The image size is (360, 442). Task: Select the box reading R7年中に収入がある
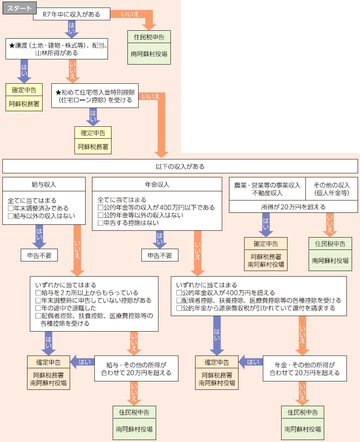pos(71,15)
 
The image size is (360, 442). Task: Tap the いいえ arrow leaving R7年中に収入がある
pos(129,15)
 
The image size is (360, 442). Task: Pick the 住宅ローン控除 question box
pos(95,96)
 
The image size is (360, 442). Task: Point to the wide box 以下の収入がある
pos(180,166)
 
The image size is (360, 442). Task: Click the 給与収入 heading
pos(44,185)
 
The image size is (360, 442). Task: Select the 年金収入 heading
pos(157,185)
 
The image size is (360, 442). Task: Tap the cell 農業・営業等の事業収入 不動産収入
pos(267,189)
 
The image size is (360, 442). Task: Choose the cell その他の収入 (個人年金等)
pos(331,189)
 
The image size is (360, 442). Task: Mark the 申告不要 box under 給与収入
pos(39,255)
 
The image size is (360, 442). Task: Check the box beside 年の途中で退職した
pos(38,308)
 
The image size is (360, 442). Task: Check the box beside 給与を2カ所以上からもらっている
pos(38,293)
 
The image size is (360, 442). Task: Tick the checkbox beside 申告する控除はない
pos(100,223)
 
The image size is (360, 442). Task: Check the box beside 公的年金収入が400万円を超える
pos(179,293)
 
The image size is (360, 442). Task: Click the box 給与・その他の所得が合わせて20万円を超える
pos(136,369)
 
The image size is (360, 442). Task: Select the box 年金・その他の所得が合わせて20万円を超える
pos(305,369)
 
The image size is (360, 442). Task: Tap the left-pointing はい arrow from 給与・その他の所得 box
pos(82,362)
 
